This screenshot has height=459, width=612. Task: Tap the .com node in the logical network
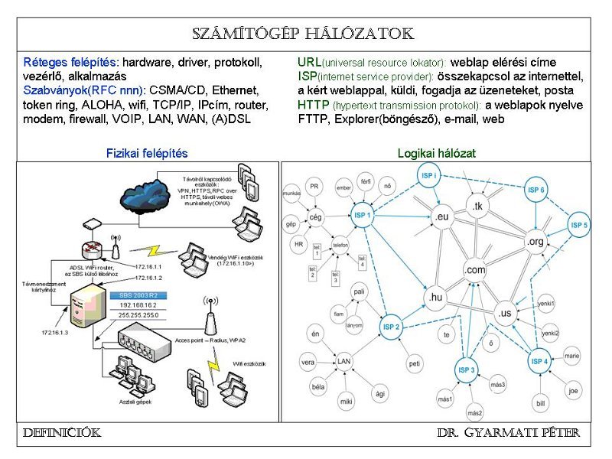tap(474, 270)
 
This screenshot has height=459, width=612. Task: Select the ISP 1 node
tap(363, 216)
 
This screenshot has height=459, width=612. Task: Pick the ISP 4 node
tap(539, 361)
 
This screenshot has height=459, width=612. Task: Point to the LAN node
tap(344, 361)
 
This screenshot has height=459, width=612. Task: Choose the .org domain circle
tap(535, 243)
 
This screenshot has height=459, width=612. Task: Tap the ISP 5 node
tap(579, 226)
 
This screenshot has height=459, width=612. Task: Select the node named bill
tap(540, 403)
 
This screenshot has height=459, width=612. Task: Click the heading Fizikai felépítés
tap(147, 153)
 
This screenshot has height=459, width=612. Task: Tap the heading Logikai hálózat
tap(436, 153)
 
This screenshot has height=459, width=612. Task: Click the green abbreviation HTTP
tap(313, 105)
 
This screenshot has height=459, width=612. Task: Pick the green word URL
tap(309, 62)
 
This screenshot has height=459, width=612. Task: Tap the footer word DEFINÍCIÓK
tap(62, 433)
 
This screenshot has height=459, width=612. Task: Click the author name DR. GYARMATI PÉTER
tap(509, 433)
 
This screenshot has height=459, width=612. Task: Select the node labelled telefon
tap(340, 246)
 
